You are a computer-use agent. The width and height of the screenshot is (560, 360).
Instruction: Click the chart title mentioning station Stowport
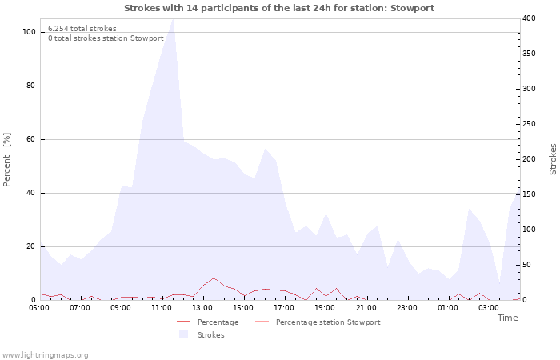[279, 8]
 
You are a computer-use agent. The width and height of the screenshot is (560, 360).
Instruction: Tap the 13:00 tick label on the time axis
[202, 308]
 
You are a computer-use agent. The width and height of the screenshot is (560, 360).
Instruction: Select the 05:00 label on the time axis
[39, 308]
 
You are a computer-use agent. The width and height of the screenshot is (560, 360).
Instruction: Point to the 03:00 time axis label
[489, 308]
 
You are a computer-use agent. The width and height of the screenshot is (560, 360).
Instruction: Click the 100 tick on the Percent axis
[29, 32]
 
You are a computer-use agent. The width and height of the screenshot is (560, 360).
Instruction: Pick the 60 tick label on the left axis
[30, 139]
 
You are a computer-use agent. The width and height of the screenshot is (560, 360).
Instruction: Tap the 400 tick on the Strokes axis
[529, 18]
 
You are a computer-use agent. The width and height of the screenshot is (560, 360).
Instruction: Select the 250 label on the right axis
[529, 124]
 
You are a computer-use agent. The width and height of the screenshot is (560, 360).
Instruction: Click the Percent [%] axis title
[6, 160]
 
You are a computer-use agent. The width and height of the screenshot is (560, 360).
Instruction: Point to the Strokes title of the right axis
[553, 159]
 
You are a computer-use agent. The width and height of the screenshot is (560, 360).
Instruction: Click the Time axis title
[507, 318]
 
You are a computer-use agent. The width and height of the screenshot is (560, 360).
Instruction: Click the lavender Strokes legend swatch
[183, 334]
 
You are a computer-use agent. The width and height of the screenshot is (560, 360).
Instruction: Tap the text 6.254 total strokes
[82, 29]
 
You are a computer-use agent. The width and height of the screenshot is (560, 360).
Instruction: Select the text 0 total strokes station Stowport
[106, 38]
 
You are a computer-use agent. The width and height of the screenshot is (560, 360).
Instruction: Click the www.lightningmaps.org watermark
[44, 355]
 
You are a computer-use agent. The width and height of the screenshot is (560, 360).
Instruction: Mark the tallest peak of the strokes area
[174, 19]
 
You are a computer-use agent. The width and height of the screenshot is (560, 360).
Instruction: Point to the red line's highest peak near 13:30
[214, 278]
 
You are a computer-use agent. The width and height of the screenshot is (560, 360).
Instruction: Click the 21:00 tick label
[366, 308]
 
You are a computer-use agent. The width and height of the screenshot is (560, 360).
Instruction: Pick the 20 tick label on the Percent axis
[30, 246]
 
